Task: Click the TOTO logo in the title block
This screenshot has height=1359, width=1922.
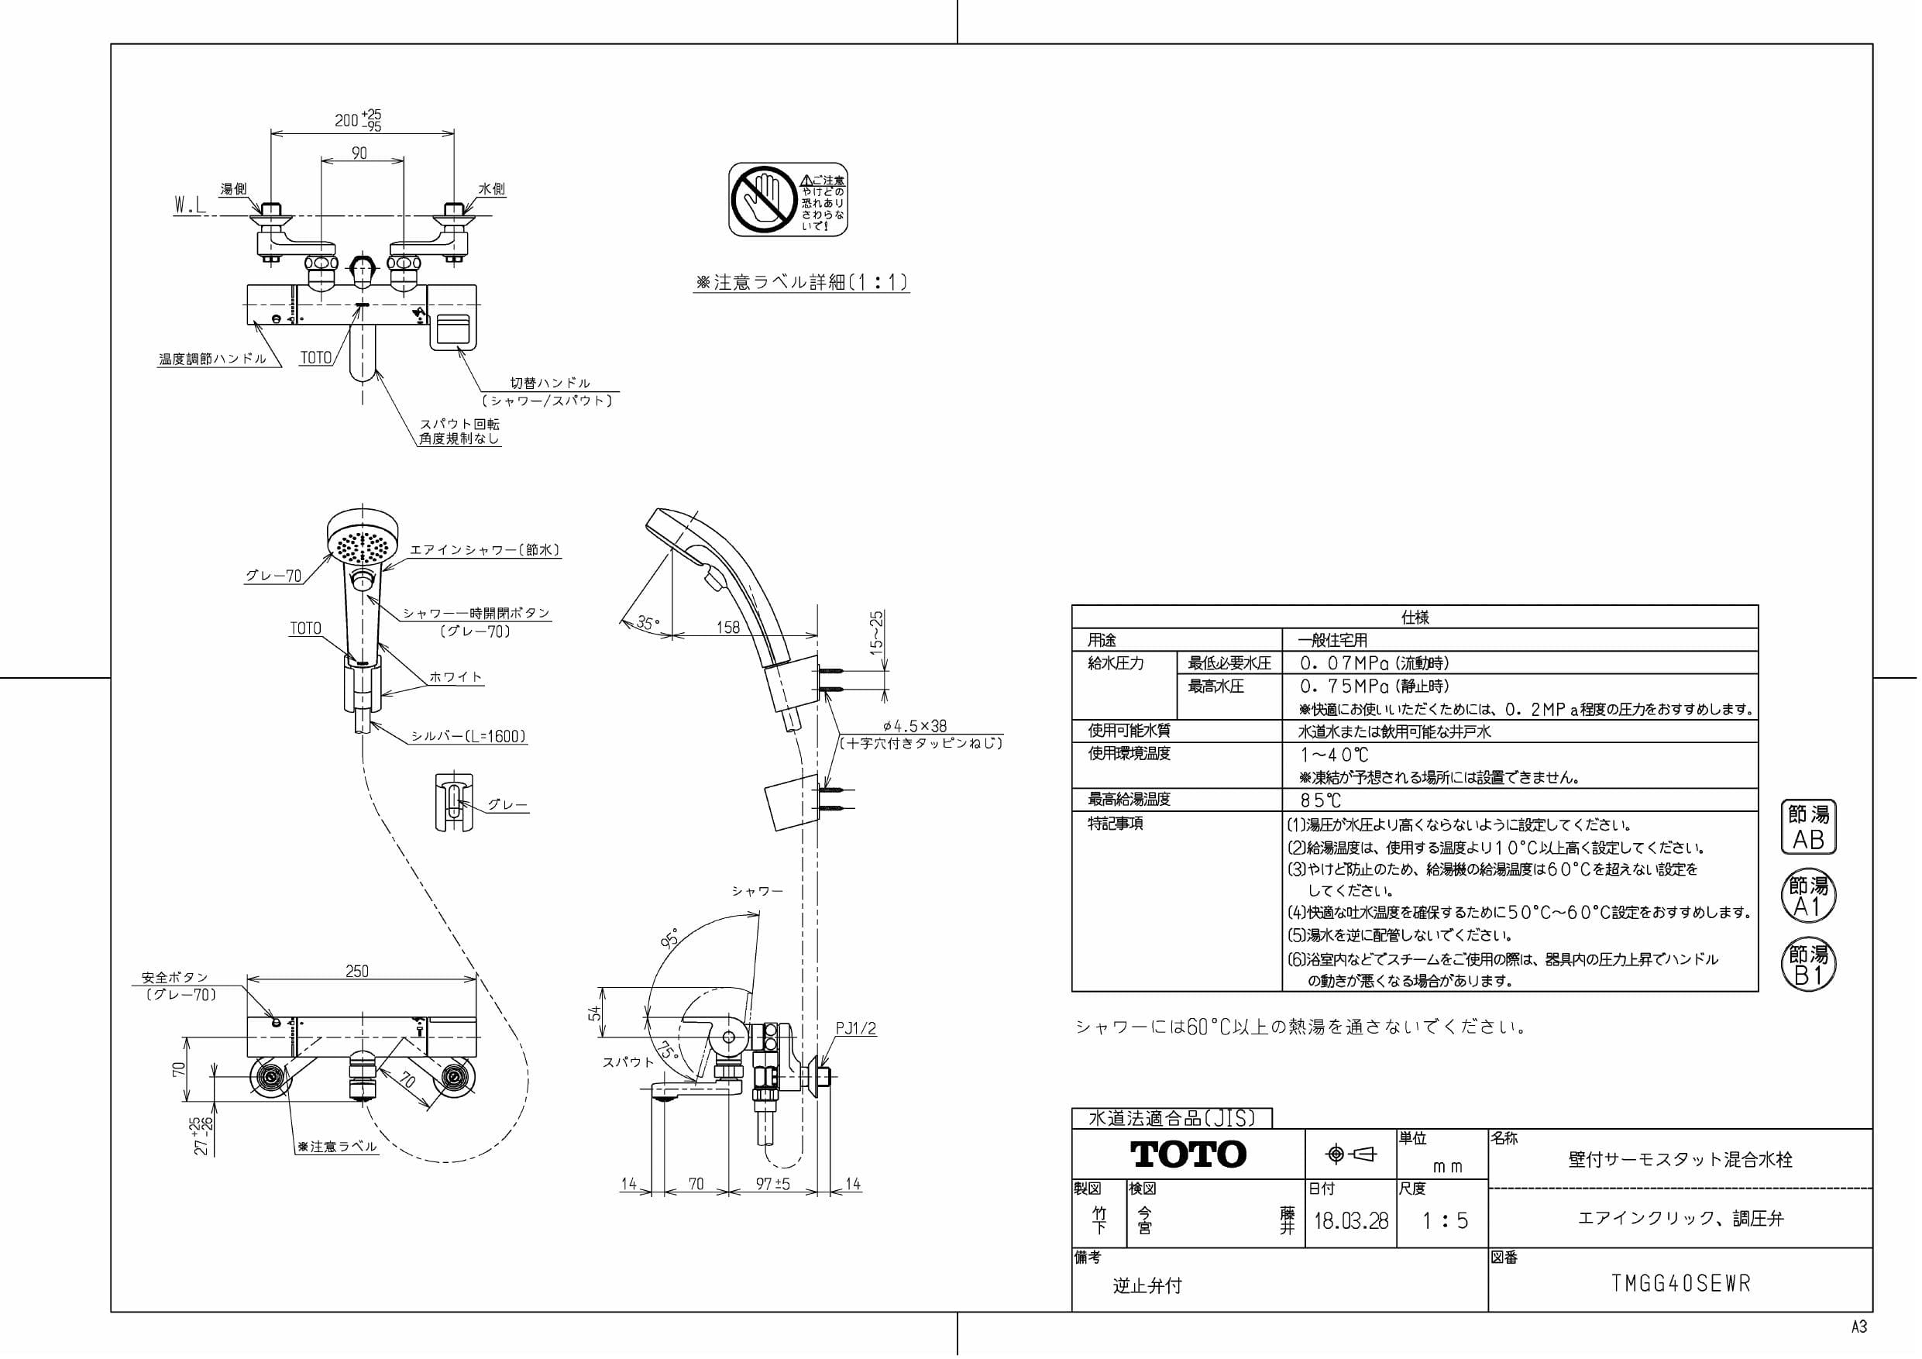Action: pos(1188,1154)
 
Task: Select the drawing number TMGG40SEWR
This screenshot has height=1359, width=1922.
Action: pos(1680,1284)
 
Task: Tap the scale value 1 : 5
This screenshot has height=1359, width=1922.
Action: pos(1445,1220)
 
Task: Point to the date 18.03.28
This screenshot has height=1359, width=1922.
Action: pos(1350,1220)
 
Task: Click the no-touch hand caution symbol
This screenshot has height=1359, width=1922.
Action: pos(761,199)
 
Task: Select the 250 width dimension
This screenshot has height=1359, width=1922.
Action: pos(356,972)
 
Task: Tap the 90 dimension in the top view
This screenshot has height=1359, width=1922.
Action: pos(359,153)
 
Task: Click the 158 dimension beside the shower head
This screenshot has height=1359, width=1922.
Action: pos(727,627)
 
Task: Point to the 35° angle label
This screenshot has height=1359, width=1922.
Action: pos(647,623)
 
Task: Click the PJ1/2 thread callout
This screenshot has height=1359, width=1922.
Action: pos(855,1028)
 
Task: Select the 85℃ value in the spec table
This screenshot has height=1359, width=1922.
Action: pos(1320,800)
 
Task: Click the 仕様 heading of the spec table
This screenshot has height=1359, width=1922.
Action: pos(1415,617)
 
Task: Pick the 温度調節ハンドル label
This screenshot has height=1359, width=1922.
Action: pos(212,360)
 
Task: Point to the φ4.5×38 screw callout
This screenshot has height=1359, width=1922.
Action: pos(914,726)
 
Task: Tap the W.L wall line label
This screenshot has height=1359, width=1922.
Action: pos(190,205)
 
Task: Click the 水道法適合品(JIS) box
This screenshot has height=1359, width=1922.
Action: pos(1171,1118)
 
